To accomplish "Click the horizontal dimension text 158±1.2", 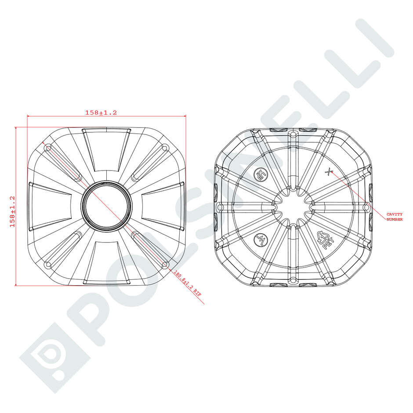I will coord(101,112).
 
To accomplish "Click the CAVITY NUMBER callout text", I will coord(394,216).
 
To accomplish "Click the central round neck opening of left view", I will coord(106,206).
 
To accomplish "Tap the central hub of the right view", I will coord(293,206).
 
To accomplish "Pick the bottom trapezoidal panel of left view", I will coord(106,262).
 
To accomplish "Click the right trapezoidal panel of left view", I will coord(163,206).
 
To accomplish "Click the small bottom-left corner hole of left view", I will coord(48,265).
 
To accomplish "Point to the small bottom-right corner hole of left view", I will coord(165,264).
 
